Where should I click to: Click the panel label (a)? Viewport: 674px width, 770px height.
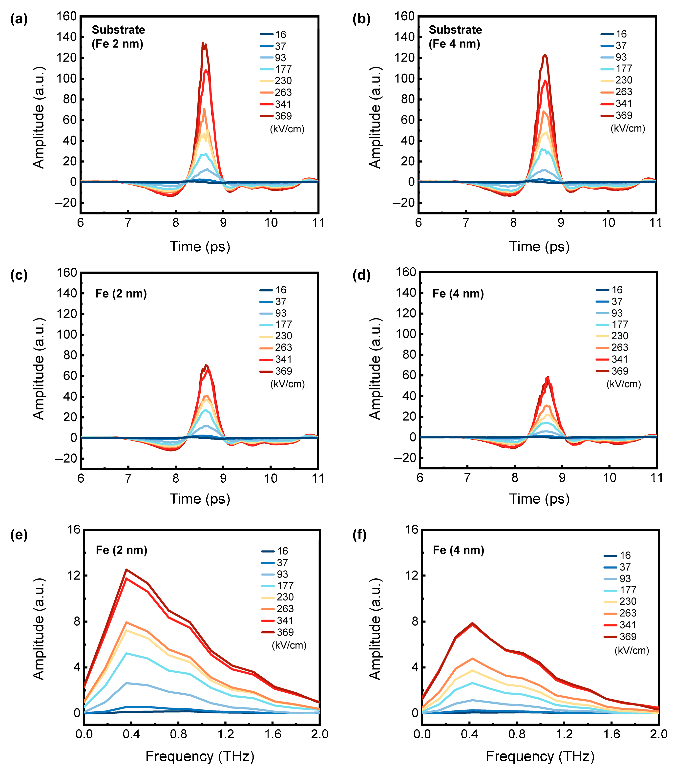[x=19, y=19]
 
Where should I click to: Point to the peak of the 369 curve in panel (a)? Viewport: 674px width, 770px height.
[x=203, y=43]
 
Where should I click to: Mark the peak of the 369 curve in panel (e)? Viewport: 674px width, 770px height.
[x=127, y=570]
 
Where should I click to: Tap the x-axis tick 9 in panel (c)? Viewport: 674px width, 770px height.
[x=223, y=478]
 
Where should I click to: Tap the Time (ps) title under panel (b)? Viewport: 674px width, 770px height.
[x=539, y=247]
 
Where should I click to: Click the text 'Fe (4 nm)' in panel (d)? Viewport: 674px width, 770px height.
[x=458, y=294]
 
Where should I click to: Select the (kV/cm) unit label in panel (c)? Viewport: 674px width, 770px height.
[x=287, y=384]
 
